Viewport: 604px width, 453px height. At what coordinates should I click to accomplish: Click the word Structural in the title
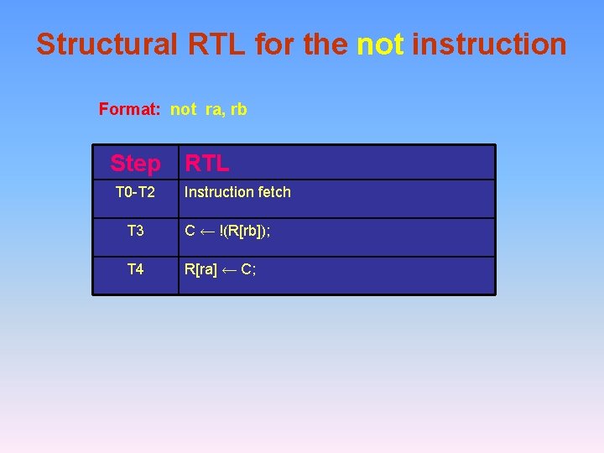(x=107, y=44)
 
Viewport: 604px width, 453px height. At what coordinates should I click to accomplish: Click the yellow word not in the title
(x=380, y=44)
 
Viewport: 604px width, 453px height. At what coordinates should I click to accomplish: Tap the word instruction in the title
(x=489, y=44)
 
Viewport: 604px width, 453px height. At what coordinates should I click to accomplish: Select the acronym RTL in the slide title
(x=216, y=44)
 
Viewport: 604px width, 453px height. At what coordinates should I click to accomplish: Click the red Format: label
(x=131, y=109)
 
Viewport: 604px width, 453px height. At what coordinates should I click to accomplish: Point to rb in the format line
(x=238, y=109)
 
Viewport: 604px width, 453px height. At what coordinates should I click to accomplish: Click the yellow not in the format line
(x=184, y=109)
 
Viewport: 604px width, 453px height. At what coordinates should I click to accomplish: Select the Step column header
(x=135, y=163)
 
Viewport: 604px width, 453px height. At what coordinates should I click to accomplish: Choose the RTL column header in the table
(x=206, y=163)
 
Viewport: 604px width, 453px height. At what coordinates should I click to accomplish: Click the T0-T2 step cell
(x=135, y=192)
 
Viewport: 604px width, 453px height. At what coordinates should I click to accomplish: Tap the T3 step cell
(x=135, y=231)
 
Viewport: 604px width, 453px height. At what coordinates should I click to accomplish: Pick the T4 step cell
(x=135, y=269)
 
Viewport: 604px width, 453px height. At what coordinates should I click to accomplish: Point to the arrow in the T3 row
(x=208, y=232)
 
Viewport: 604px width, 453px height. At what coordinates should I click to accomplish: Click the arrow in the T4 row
(x=231, y=270)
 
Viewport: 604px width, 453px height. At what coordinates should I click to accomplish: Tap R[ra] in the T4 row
(x=201, y=270)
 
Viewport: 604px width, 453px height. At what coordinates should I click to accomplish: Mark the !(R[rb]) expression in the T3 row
(x=244, y=232)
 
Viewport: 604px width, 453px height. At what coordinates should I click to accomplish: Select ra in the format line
(x=213, y=110)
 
